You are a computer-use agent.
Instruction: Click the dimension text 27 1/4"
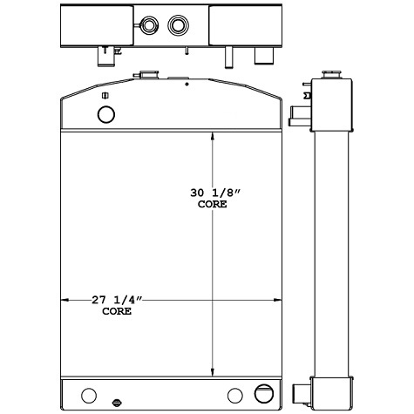pos(117,301)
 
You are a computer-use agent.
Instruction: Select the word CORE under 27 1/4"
pos(117,311)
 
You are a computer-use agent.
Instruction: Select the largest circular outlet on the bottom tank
pos(261,392)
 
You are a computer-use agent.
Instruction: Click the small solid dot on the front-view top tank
pos(187,85)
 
